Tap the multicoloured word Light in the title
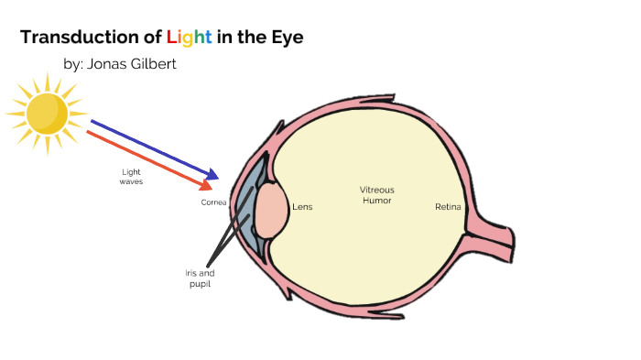tap(189, 38)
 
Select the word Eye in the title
tap(285, 38)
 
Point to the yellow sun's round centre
tap(47, 113)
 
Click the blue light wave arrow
tap(151, 147)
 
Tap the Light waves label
tap(131, 177)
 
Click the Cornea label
tap(213, 202)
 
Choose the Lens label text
tap(302, 207)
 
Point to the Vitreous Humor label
tap(376, 194)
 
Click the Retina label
tap(448, 207)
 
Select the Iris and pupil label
tap(199, 278)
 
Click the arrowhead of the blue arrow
tap(213, 174)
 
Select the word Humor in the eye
tap(376, 200)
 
